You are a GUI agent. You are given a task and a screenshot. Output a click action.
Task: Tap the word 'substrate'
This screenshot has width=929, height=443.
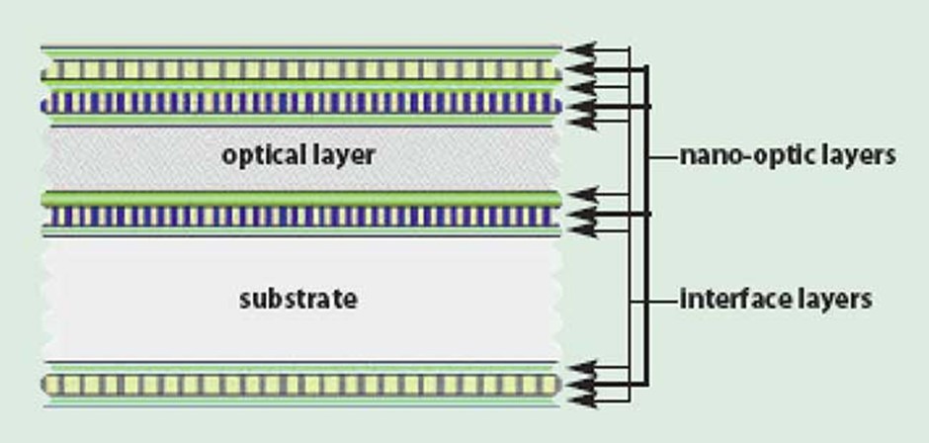(x=298, y=299)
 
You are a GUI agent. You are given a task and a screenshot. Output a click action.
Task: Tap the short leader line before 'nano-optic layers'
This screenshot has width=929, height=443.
(x=662, y=158)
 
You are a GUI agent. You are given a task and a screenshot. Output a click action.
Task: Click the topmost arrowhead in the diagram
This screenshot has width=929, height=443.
(x=581, y=49)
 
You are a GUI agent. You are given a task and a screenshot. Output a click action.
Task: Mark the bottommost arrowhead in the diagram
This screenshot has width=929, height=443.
(x=582, y=400)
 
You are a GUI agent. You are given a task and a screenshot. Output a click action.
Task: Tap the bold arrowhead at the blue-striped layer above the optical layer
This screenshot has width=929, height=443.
(x=581, y=107)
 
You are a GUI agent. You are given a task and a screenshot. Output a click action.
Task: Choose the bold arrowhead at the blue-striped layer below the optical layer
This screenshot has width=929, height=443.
(x=582, y=215)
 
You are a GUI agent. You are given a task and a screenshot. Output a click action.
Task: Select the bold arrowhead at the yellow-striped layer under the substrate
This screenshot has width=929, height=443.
(x=582, y=385)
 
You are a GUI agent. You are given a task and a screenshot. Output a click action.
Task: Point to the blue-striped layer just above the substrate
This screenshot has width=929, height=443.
(x=301, y=217)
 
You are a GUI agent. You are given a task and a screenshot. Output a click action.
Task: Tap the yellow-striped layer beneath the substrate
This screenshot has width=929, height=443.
(x=301, y=385)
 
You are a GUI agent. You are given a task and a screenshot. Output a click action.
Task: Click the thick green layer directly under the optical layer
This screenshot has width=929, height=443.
(x=301, y=199)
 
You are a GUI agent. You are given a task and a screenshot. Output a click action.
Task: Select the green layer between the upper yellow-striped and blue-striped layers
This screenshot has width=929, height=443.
(x=301, y=85)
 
